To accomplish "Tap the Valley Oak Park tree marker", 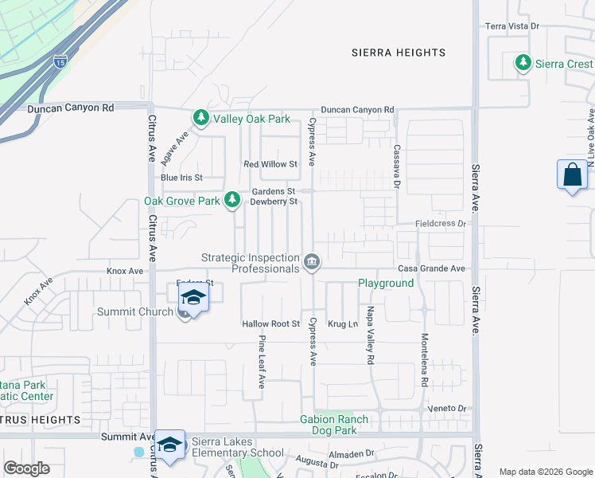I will [x=201, y=119].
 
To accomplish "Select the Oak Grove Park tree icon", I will [x=232, y=199].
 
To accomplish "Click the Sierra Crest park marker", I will [x=523, y=63].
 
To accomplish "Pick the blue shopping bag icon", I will [x=573, y=175].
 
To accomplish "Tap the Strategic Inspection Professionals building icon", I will [x=312, y=261].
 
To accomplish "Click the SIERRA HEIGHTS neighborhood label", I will [x=399, y=53].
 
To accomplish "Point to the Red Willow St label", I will [x=270, y=164].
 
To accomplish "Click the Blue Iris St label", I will [x=181, y=177].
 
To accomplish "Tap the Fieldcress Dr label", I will [x=440, y=224].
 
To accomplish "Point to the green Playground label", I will [x=386, y=283].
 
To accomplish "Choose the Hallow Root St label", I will [x=270, y=324].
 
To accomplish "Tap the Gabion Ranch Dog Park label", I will [x=334, y=425].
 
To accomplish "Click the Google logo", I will [x=26, y=468].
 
